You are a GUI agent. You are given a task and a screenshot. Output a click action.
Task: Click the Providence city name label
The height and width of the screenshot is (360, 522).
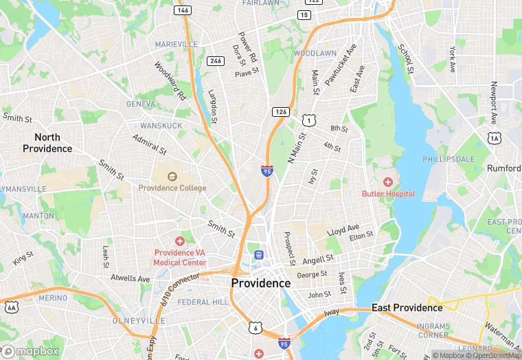261,283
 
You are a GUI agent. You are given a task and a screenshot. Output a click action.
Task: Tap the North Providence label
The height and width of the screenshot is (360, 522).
47,143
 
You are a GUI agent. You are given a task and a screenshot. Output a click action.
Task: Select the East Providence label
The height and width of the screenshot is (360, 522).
407,307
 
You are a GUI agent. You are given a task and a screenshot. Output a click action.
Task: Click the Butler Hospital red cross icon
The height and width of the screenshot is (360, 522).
388,182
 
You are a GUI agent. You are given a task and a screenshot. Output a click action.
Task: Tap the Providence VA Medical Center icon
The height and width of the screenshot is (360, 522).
179,241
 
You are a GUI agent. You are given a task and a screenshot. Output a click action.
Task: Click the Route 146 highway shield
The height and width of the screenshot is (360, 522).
183,10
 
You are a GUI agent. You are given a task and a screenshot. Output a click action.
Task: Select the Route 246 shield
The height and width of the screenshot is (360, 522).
216,61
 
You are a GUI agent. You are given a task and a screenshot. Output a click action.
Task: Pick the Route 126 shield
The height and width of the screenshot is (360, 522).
280,111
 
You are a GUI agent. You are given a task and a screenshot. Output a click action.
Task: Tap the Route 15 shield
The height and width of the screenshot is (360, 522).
304,14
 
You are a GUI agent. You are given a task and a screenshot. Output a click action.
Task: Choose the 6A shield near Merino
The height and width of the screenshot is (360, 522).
11,306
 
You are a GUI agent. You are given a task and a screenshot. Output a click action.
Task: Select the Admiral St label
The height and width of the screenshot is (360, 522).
149,145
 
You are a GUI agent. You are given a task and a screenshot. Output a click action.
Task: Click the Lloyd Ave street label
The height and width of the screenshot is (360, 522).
343,229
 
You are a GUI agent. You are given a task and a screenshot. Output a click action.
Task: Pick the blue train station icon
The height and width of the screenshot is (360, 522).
259,255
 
